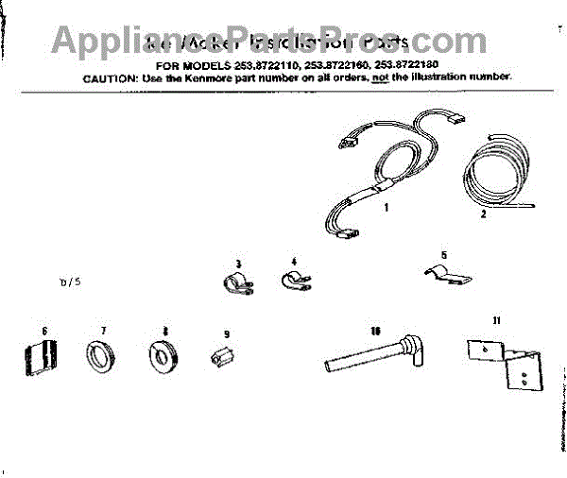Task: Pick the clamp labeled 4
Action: (294, 280)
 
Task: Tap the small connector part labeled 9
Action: (223, 358)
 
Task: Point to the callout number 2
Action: (484, 214)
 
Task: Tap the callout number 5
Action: (443, 254)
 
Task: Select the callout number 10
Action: (375, 331)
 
